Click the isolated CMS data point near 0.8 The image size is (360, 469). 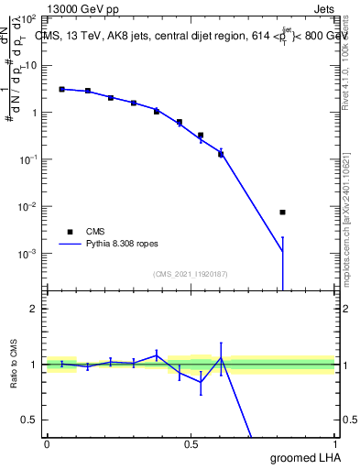(x=283, y=213)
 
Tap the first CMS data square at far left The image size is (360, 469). (x=61, y=89)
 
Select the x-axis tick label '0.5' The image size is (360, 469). (x=191, y=444)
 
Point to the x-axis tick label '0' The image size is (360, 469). (x=47, y=444)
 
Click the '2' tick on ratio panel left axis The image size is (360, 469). (x=35, y=309)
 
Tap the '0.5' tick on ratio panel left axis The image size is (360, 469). (x=30, y=420)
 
